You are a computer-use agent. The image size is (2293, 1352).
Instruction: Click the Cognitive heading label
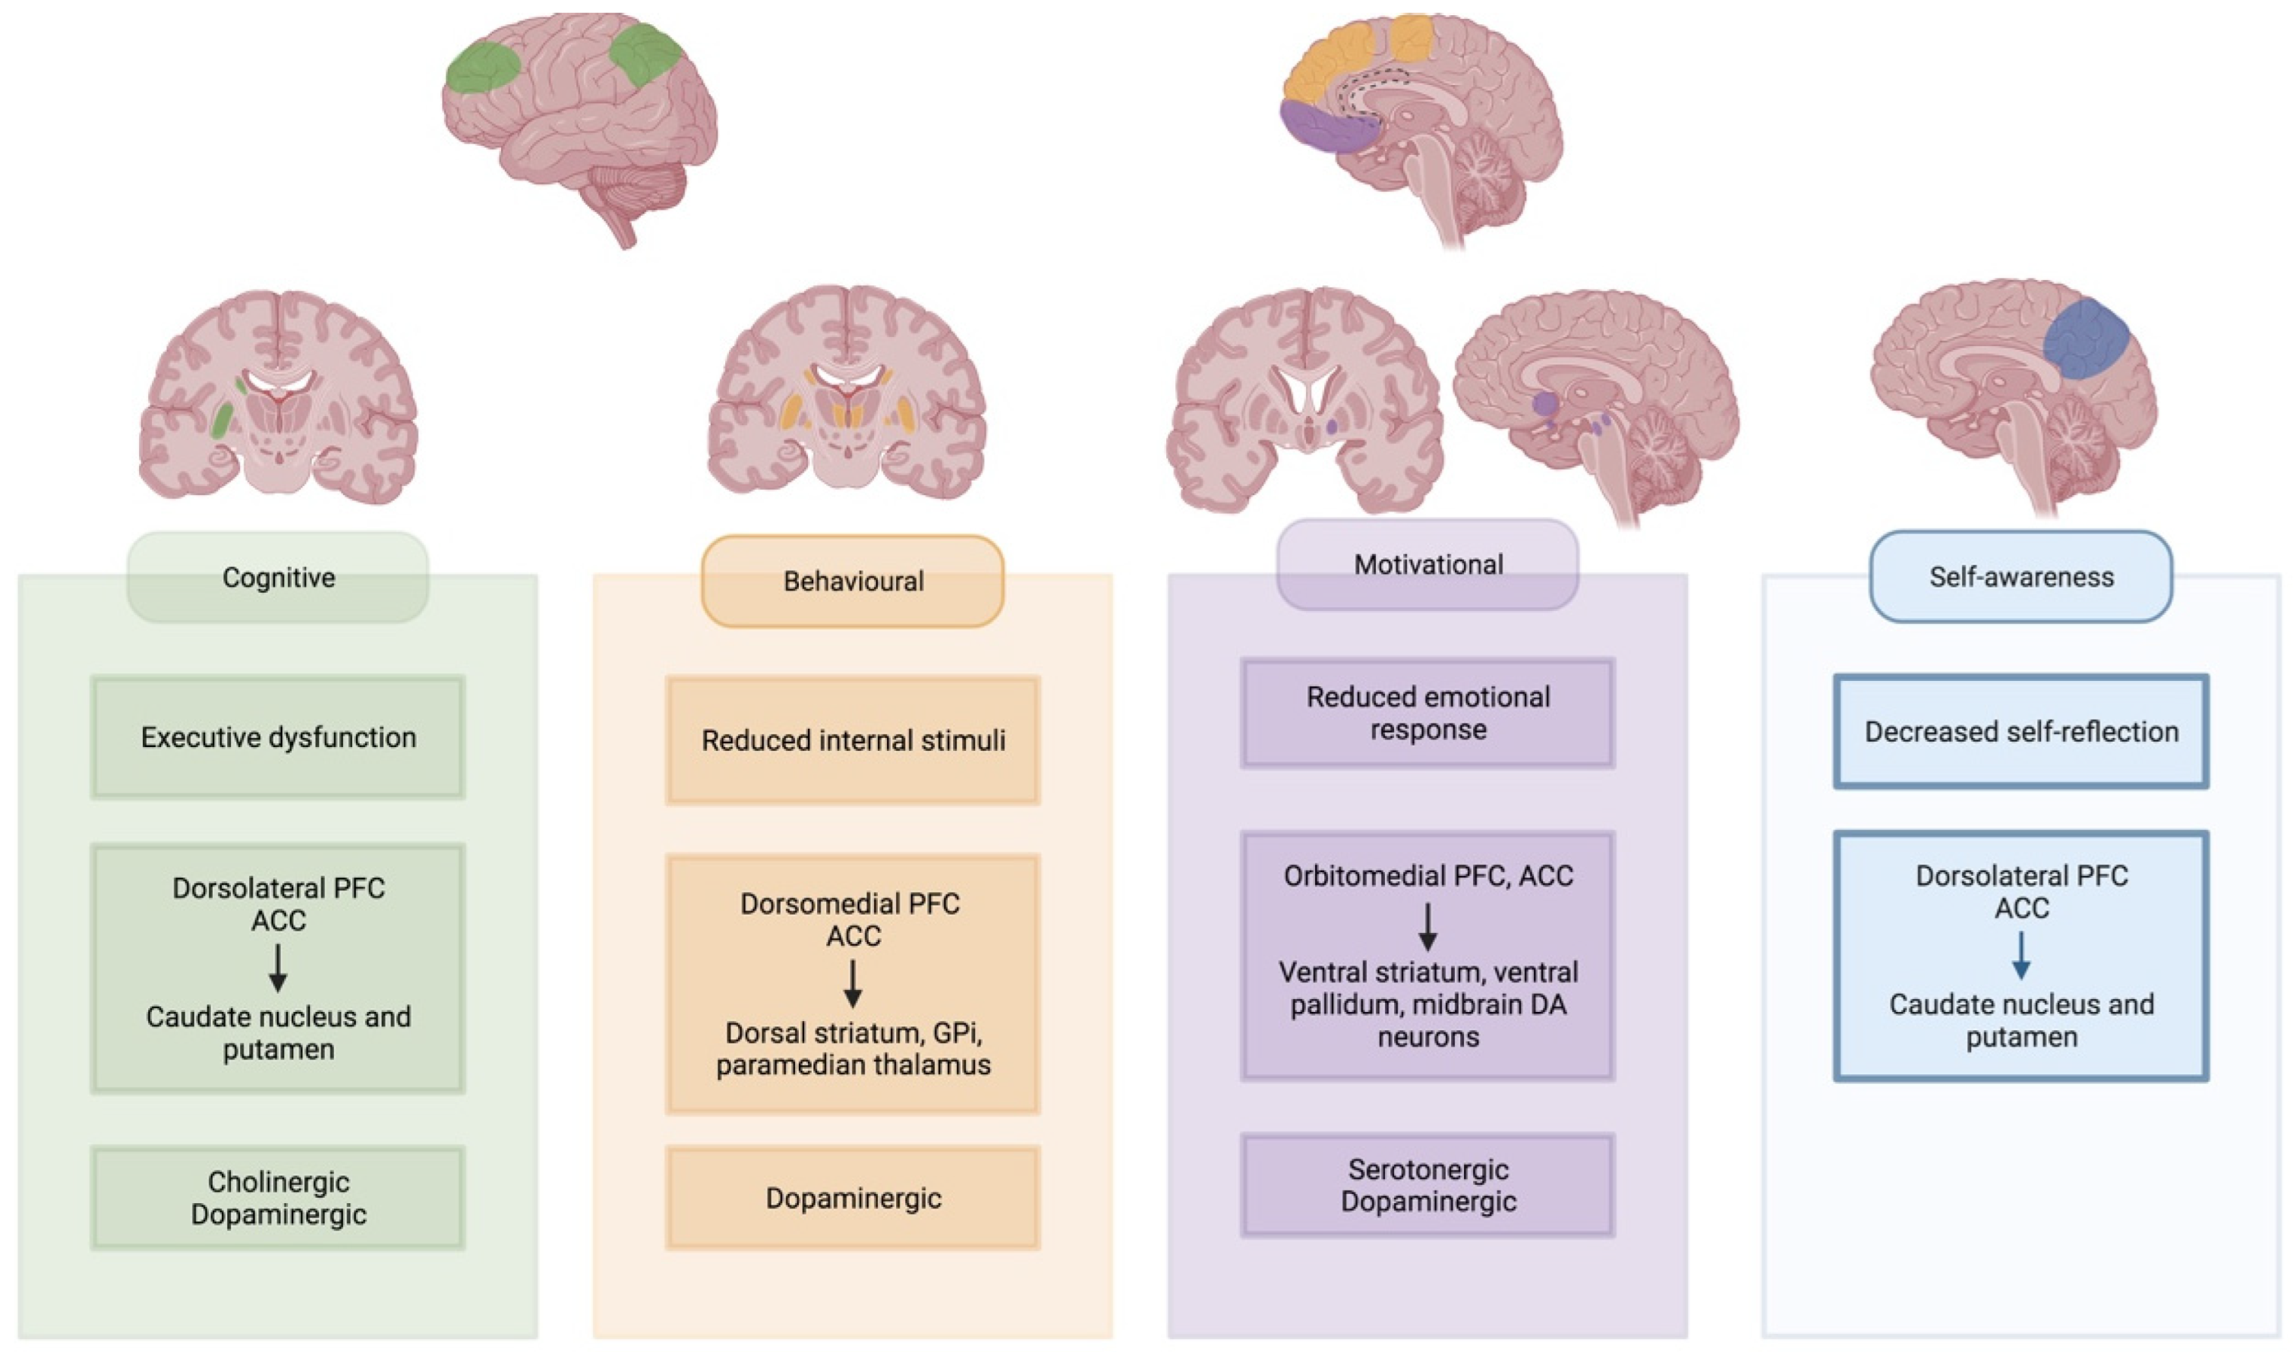pos(278,578)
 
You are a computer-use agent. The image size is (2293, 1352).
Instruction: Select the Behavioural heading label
pos(853,581)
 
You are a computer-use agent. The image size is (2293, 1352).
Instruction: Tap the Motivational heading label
pos(1427,565)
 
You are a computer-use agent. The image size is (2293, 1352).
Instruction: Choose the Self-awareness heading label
pos(2020,577)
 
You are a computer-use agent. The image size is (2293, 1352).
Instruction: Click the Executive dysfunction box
pos(278,737)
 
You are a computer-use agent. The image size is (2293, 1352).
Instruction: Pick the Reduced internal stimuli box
pos(853,740)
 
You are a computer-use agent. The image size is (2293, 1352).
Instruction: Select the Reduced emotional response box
pos(1427,714)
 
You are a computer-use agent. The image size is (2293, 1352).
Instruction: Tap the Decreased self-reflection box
pos(2020,732)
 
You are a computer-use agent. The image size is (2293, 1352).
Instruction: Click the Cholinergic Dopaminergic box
pos(278,1198)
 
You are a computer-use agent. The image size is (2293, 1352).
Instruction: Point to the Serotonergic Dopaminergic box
pos(1427,1185)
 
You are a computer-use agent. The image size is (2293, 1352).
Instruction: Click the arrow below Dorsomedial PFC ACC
pos(853,984)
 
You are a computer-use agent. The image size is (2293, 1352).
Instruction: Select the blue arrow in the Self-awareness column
pos(2020,956)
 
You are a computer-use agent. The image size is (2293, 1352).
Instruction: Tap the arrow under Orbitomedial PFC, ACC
pos(1427,927)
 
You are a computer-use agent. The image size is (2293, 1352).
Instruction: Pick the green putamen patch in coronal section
pos(222,421)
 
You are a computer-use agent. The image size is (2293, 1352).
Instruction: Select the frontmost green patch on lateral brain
pos(482,68)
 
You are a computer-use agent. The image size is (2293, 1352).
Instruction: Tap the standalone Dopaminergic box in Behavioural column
pos(853,1198)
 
